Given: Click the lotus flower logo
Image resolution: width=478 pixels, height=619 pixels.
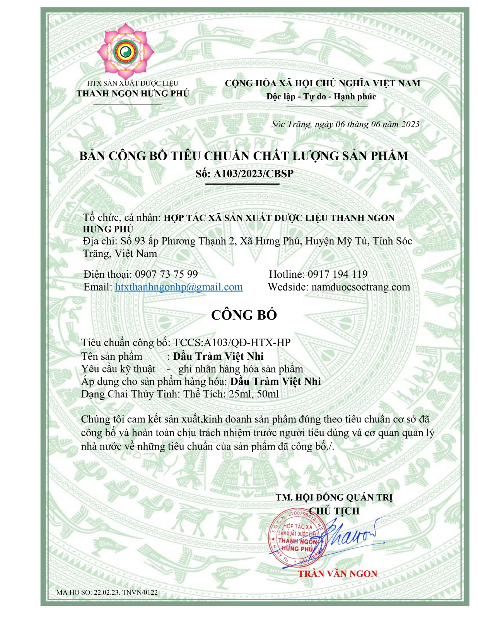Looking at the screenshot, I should click(125, 50).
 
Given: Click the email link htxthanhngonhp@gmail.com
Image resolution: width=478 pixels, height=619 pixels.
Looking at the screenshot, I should click(179, 287).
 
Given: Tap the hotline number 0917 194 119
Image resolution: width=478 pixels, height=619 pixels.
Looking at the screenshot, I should click(337, 274).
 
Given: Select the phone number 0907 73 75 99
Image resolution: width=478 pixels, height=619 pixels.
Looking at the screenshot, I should click(166, 274).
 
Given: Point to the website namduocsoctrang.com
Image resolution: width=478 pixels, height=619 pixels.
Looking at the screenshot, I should click(360, 287).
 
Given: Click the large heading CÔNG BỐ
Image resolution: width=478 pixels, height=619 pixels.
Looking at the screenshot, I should click(244, 315).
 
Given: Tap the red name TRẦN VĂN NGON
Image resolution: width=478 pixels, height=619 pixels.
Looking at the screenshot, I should click(337, 574).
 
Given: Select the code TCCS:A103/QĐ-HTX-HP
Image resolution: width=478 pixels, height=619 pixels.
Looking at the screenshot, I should click(232, 343).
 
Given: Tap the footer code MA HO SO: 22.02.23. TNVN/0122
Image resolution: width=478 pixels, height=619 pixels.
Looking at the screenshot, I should click(107, 592).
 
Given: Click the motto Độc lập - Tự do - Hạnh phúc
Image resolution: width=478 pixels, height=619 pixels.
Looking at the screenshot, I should click(321, 96).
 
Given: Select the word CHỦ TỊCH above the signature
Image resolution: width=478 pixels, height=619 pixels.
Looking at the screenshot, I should click(334, 511).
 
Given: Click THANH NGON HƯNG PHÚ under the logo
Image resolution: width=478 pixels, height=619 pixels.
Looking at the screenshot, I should click(132, 94).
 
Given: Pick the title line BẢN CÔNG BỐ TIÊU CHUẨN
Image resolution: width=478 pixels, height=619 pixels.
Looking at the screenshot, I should click(244, 156).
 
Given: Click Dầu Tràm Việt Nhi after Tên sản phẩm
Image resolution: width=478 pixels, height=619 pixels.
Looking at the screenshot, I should click(218, 356).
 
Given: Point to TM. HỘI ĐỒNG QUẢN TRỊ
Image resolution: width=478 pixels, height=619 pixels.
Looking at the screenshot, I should click(334, 498).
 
